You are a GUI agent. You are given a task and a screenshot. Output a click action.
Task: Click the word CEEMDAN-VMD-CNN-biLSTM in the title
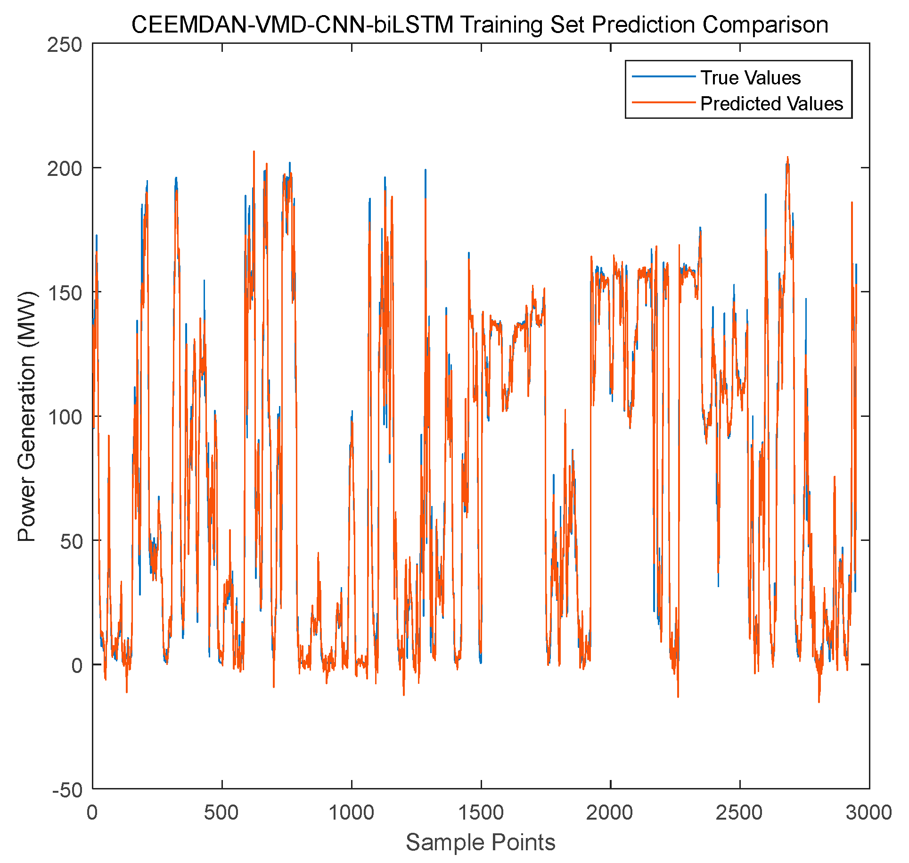point(293,25)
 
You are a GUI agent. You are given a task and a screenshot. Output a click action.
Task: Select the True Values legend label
point(750,78)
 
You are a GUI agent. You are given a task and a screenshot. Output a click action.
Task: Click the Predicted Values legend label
point(771,104)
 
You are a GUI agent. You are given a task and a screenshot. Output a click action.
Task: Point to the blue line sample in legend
point(663,76)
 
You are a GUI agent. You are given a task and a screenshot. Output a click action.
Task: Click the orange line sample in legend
point(663,102)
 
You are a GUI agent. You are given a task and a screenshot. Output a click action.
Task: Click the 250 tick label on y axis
point(65,46)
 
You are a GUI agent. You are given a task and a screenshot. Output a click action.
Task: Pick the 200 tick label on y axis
point(65,169)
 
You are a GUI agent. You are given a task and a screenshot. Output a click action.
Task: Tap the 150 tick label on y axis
point(65,293)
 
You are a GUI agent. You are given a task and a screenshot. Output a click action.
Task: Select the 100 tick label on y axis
point(65,417)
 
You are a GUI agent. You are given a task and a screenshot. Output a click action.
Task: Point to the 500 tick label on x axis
point(222,813)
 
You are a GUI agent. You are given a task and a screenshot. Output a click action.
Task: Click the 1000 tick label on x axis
point(352,813)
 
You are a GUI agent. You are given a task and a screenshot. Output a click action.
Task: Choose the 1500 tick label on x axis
point(481,813)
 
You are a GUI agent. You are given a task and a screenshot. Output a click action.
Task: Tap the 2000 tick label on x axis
point(610,813)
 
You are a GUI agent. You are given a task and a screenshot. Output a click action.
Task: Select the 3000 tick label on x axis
point(868,813)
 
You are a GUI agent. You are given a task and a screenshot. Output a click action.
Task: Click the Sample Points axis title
point(481,842)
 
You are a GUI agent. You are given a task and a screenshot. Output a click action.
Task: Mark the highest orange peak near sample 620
point(254,152)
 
